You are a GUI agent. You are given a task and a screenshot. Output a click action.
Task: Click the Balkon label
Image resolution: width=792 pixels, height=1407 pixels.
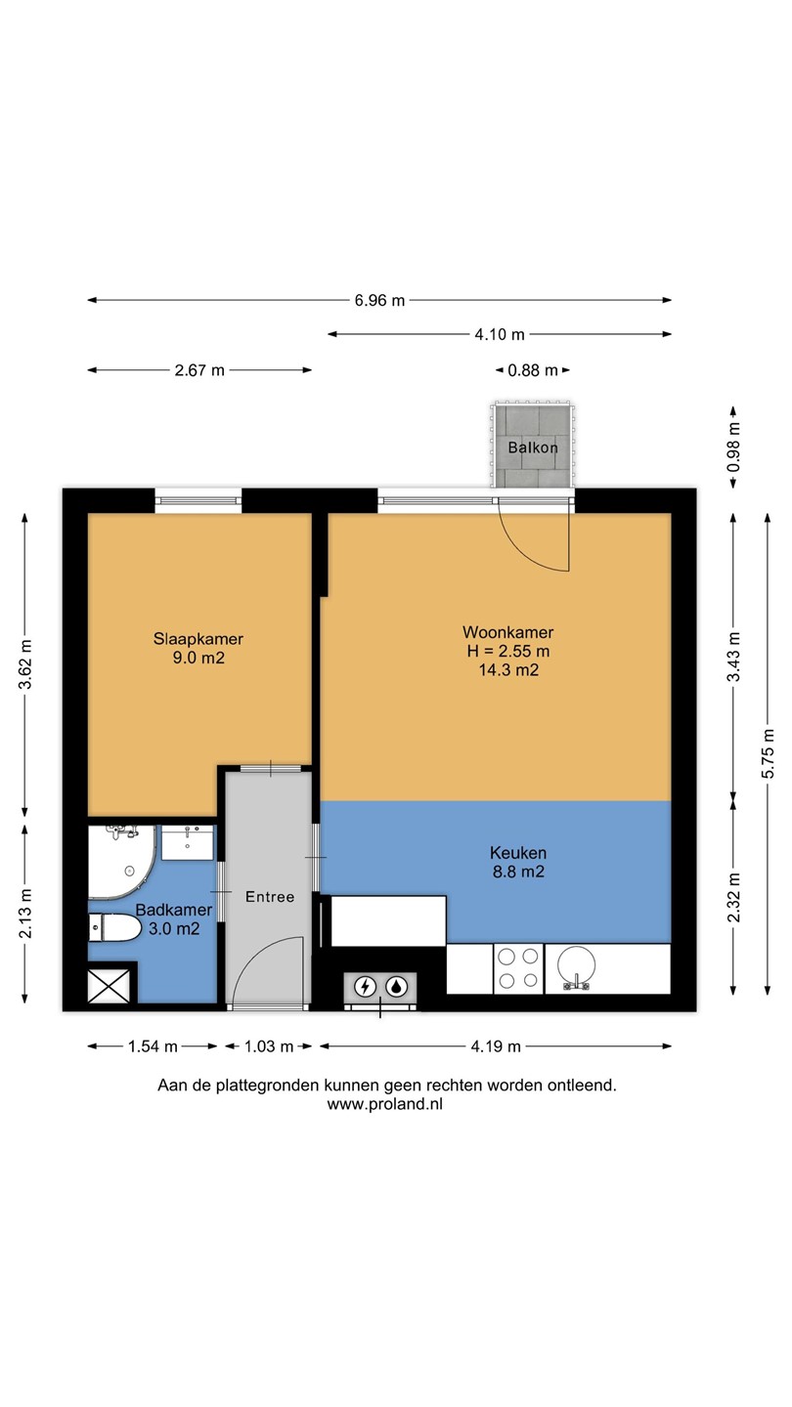532,448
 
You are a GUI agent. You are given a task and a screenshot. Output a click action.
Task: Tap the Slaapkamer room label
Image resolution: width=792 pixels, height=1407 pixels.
198,639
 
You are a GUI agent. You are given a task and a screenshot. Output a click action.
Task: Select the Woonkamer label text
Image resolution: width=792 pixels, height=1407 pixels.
507,632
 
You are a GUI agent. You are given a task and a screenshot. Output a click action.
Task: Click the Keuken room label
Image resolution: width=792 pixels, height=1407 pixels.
518,853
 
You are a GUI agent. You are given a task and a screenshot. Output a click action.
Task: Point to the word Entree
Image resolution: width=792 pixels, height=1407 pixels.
270,897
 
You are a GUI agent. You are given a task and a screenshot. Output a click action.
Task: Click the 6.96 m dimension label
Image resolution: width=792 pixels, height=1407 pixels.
379,300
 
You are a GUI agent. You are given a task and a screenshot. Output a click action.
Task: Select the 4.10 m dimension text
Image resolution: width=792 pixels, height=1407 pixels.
499,334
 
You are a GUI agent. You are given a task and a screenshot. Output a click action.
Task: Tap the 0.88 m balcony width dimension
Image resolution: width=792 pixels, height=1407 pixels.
532,370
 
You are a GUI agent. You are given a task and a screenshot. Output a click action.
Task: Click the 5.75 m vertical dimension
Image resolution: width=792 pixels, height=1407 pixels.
769,753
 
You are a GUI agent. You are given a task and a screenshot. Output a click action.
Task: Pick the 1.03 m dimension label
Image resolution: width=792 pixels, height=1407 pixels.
269,1046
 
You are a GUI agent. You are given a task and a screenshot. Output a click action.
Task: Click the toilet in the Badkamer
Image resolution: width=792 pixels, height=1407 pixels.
115,928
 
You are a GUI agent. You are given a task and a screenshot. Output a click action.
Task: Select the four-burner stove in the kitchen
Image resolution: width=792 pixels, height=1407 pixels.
518,968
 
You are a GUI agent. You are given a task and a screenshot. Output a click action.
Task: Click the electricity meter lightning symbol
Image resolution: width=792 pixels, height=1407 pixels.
365,987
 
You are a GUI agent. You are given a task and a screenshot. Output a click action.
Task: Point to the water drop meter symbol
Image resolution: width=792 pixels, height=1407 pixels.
396,987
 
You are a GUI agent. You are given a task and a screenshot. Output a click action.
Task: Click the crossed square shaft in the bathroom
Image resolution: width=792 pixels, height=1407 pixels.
109,986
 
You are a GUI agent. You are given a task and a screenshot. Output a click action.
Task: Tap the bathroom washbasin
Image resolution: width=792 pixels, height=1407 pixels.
188,842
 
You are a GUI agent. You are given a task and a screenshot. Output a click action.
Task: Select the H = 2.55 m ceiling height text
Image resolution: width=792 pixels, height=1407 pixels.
507,651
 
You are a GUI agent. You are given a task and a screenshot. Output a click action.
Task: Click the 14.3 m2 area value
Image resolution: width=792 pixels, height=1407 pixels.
508,669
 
